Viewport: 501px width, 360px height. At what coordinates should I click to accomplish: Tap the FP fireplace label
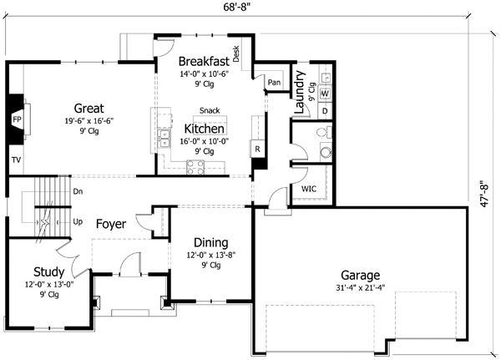16,120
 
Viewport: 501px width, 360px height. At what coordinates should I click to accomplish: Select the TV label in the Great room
16,158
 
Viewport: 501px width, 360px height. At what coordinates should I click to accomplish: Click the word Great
89,108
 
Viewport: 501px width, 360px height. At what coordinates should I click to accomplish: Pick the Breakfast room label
205,60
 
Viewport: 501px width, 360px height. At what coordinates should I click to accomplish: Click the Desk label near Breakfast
236,55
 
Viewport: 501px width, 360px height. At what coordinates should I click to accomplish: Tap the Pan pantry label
274,82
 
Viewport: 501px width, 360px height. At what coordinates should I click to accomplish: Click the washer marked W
324,93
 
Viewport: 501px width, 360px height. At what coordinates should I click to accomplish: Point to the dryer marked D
324,110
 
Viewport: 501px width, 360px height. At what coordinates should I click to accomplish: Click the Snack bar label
210,111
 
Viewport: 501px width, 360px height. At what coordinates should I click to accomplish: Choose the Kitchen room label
204,129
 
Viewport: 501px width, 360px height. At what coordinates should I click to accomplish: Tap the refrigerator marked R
257,149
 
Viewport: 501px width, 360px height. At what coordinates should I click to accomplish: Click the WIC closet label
307,190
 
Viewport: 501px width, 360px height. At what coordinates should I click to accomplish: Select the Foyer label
111,224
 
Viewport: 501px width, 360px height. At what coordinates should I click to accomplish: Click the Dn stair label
78,191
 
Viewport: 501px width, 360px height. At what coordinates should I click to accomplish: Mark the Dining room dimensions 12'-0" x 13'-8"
205,256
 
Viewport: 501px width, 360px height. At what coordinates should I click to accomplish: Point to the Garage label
360,275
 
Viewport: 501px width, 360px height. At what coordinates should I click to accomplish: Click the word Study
48,271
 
